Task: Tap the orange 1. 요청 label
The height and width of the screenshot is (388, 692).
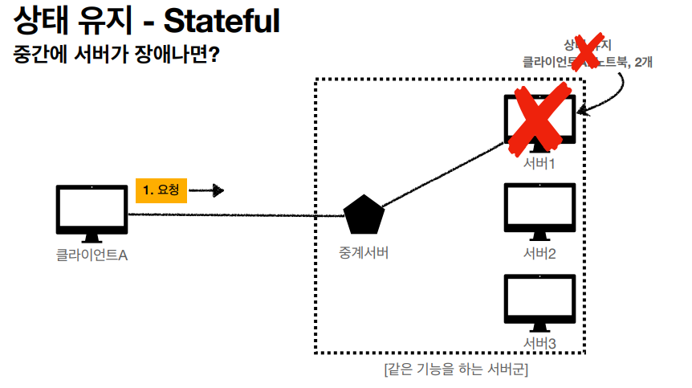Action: [x=161, y=190]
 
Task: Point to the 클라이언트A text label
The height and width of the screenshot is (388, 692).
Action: [x=92, y=255]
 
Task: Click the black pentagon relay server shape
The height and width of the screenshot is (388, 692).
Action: [x=364, y=213]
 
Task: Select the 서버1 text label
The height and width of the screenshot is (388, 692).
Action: [x=539, y=164]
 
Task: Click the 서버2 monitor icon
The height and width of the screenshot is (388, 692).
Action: [x=539, y=210]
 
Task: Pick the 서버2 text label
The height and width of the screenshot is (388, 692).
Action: [x=539, y=254]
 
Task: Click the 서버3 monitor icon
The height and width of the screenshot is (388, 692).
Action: [x=539, y=302]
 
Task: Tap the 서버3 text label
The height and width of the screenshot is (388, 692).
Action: [x=539, y=344]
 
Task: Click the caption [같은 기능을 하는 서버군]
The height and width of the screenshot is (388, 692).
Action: [x=455, y=370]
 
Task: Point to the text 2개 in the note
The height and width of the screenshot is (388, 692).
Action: [x=643, y=61]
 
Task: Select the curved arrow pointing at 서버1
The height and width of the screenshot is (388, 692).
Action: [x=612, y=97]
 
